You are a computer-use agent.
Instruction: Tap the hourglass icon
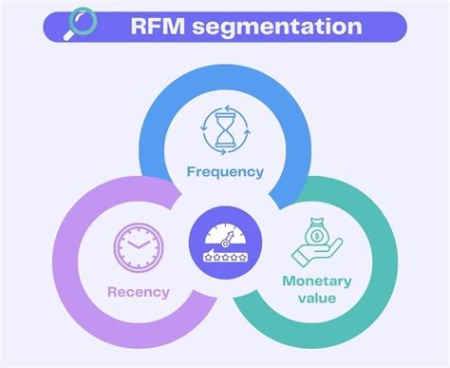(225, 131)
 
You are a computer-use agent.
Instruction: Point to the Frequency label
(225, 173)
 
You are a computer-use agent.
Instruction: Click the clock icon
(135, 247)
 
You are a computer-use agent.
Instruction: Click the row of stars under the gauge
(225, 258)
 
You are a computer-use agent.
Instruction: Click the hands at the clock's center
(137, 245)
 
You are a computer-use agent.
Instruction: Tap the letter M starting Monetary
(287, 281)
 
